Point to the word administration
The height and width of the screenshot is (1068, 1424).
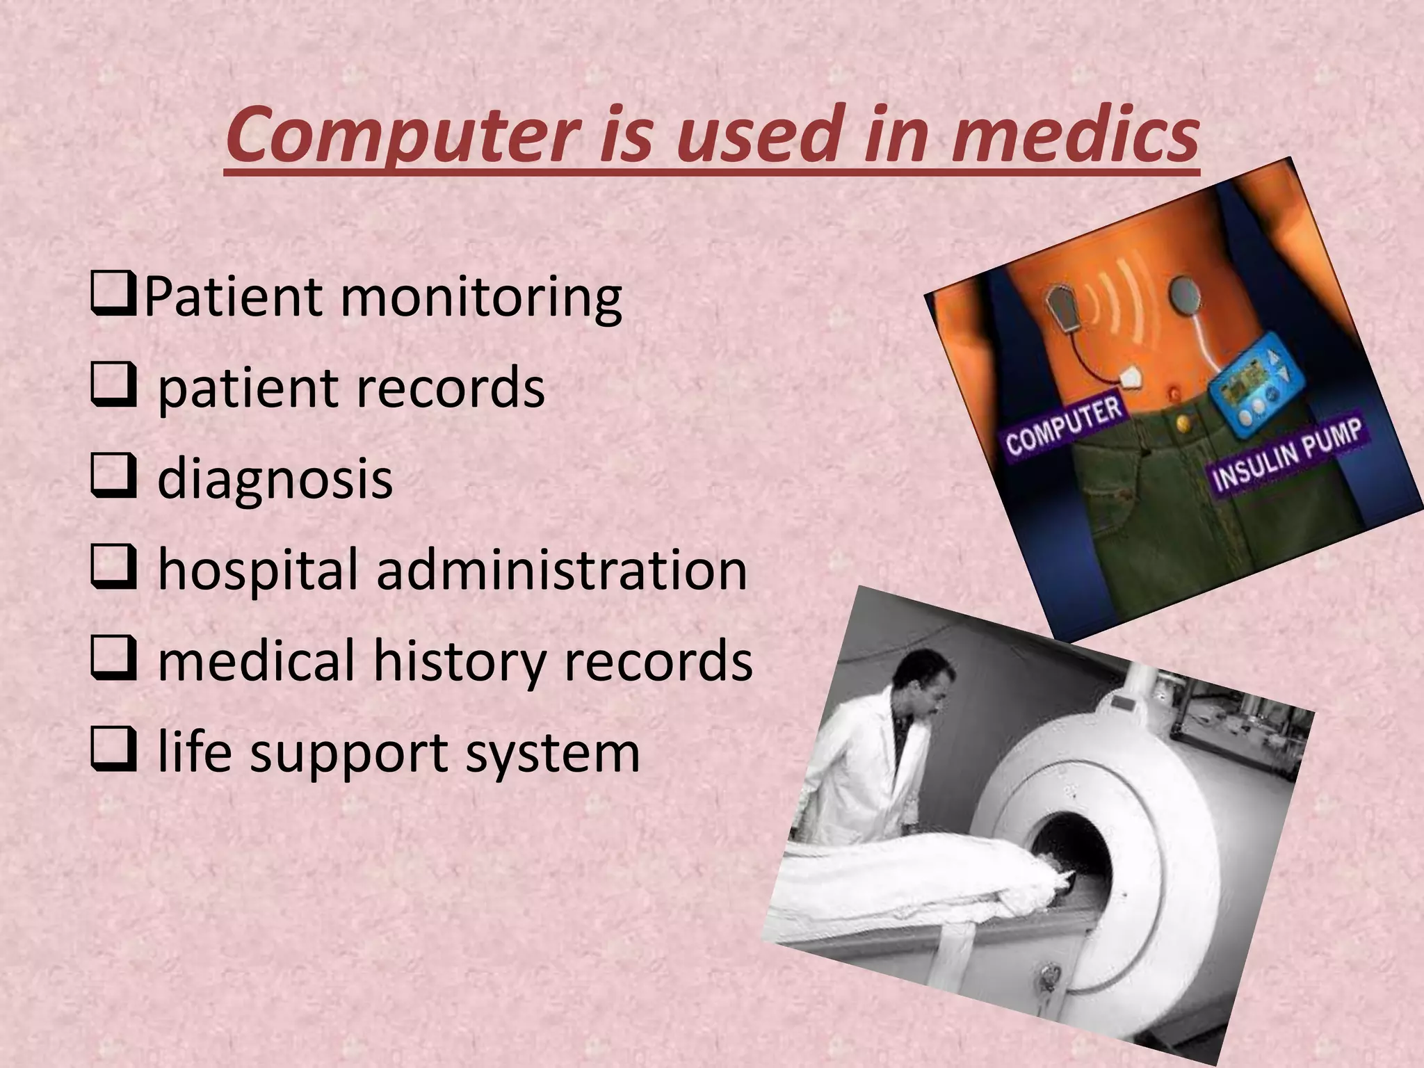562,570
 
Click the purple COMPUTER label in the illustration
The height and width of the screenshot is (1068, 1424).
1064,426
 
